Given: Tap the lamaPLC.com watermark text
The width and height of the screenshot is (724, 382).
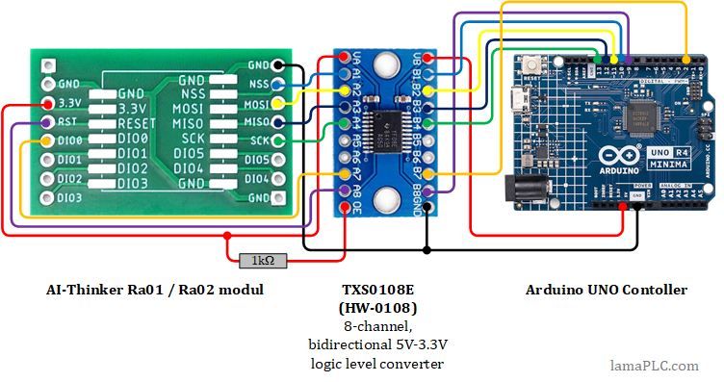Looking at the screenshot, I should (x=655, y=365).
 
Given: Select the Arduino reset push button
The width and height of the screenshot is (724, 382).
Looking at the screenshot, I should (x=532, y=66).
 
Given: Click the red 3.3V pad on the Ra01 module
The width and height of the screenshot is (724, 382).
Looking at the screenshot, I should (x=47, y=104).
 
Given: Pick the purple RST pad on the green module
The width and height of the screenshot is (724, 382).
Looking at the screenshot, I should (x=47, y=122).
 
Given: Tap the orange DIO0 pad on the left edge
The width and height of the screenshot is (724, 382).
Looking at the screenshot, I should (x=47, y=141).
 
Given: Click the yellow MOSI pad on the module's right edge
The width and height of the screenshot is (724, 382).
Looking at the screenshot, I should (x=278, y=103).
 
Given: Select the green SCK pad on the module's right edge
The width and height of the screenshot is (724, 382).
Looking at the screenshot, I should (x=278, y=141).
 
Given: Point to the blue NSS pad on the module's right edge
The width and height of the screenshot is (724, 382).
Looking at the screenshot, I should (x=278, y=85).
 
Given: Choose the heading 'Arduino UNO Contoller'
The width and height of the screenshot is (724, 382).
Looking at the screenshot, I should (x=607, y=290).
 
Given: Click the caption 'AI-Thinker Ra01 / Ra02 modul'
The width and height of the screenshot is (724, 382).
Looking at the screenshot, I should (x=155, y=290).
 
